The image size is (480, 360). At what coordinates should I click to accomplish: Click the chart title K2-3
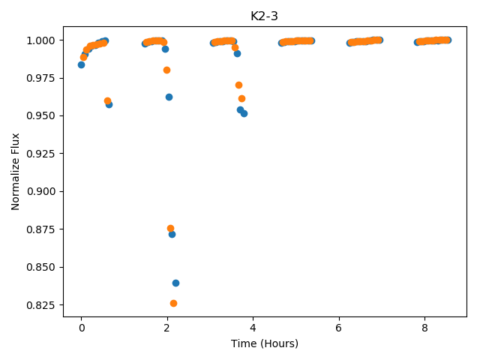pos(264,16)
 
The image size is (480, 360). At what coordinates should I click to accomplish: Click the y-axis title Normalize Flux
pos(15,172)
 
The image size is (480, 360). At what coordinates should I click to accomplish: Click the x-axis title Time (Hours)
pos(265,343)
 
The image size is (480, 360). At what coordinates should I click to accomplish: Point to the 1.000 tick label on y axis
pos(40,40)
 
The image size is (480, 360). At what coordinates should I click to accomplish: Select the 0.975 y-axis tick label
pos(40,78)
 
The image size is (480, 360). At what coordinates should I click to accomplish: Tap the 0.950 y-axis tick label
pos(40,115)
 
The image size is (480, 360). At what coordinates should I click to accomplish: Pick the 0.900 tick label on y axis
pos(40,191)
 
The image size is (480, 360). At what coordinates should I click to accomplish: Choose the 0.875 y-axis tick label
pos(40,229)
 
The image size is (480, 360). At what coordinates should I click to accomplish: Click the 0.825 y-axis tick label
pos(40,305)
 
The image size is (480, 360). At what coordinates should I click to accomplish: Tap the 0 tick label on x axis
pos(82,328)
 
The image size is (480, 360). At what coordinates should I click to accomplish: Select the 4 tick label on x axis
pos(253,328)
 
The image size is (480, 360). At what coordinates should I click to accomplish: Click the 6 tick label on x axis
pos(338,328)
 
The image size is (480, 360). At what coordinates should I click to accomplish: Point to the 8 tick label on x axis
pos(424,328)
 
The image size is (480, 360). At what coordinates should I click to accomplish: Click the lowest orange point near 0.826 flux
pos(173,303)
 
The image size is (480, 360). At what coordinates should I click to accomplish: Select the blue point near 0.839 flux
pos(175,283)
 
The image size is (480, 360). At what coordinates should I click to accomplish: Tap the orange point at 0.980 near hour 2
pos(166,70)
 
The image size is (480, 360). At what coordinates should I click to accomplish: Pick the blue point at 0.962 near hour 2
pos(169,97)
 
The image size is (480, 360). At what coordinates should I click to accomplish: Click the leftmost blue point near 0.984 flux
pos(81,65)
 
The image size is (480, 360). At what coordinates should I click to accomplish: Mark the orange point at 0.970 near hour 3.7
pos(238,85)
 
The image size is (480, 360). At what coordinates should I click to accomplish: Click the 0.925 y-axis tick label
pos(40,154)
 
